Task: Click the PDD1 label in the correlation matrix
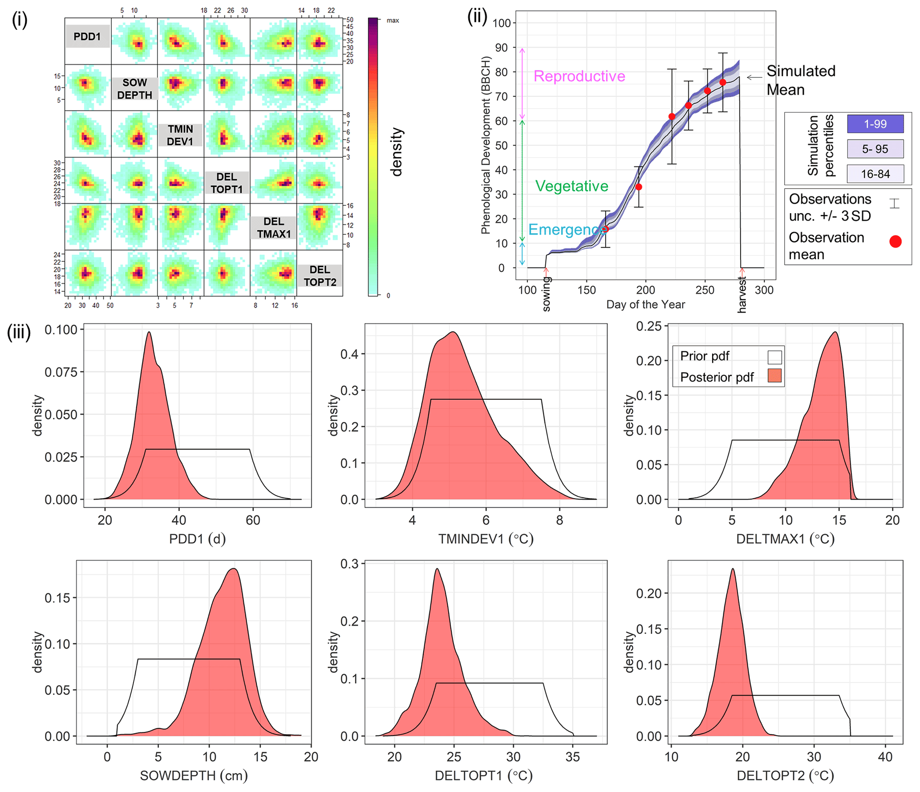click(x=87, y=37)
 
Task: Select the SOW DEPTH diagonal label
click(x=134, y=89)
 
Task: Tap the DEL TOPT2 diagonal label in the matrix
click(x=320, y=276)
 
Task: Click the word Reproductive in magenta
click(x=579, y=76)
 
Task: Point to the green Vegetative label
click(x=571, y=186)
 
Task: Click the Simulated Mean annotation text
click(x=800, y=80)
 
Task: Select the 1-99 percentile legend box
click(x=875, y=124)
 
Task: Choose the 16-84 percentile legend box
click(x=875, y=174)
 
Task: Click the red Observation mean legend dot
click(x=895, y=241)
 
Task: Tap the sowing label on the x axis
click(x=547, y=294)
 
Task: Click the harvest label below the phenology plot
click(x=742, y=295)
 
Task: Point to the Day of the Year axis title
click(x=645, y=305)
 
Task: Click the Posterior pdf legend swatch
click(x=774, y=376)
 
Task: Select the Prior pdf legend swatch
click(x=774, y=357)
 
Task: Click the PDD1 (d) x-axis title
click(x=197, y=539)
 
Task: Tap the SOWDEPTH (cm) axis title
click(x=194, y=776)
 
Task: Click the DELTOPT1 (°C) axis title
click(x=483, y=776)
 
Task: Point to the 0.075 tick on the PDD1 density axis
click(x=61, y=372)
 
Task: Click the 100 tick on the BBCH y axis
click(x=502, y=23)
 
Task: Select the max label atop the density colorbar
click(x=393, y=20)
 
